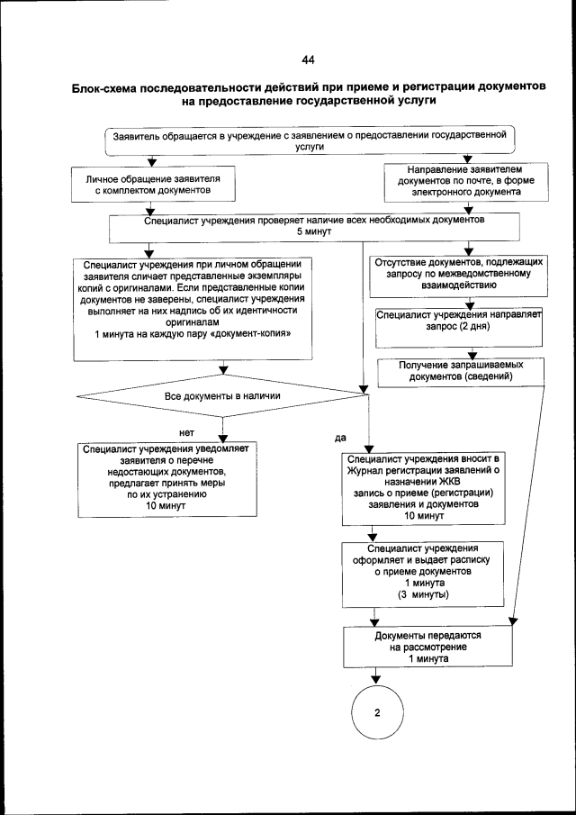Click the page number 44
tap(308, 60)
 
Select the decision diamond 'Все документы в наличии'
tap(222, 396)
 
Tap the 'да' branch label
tap(340, 438)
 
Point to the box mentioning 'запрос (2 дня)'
tap(458, 322)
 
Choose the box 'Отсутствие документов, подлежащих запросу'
tap(457, 273)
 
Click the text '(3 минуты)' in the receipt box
tap(425, 596)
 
